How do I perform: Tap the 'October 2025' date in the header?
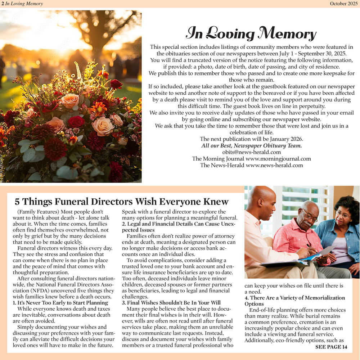[x=344, y=4]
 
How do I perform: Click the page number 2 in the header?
[x=3, y=4]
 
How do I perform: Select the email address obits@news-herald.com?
[x=252, y=152]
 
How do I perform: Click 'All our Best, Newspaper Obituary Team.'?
[x=252, y=146]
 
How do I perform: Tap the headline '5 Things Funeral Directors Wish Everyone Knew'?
[x=121, y=202]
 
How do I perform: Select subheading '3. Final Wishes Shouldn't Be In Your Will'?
[x=171, y=303]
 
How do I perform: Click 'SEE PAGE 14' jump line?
[x=331, y=347]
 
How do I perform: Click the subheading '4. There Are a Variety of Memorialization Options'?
[x=294, y=301]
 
